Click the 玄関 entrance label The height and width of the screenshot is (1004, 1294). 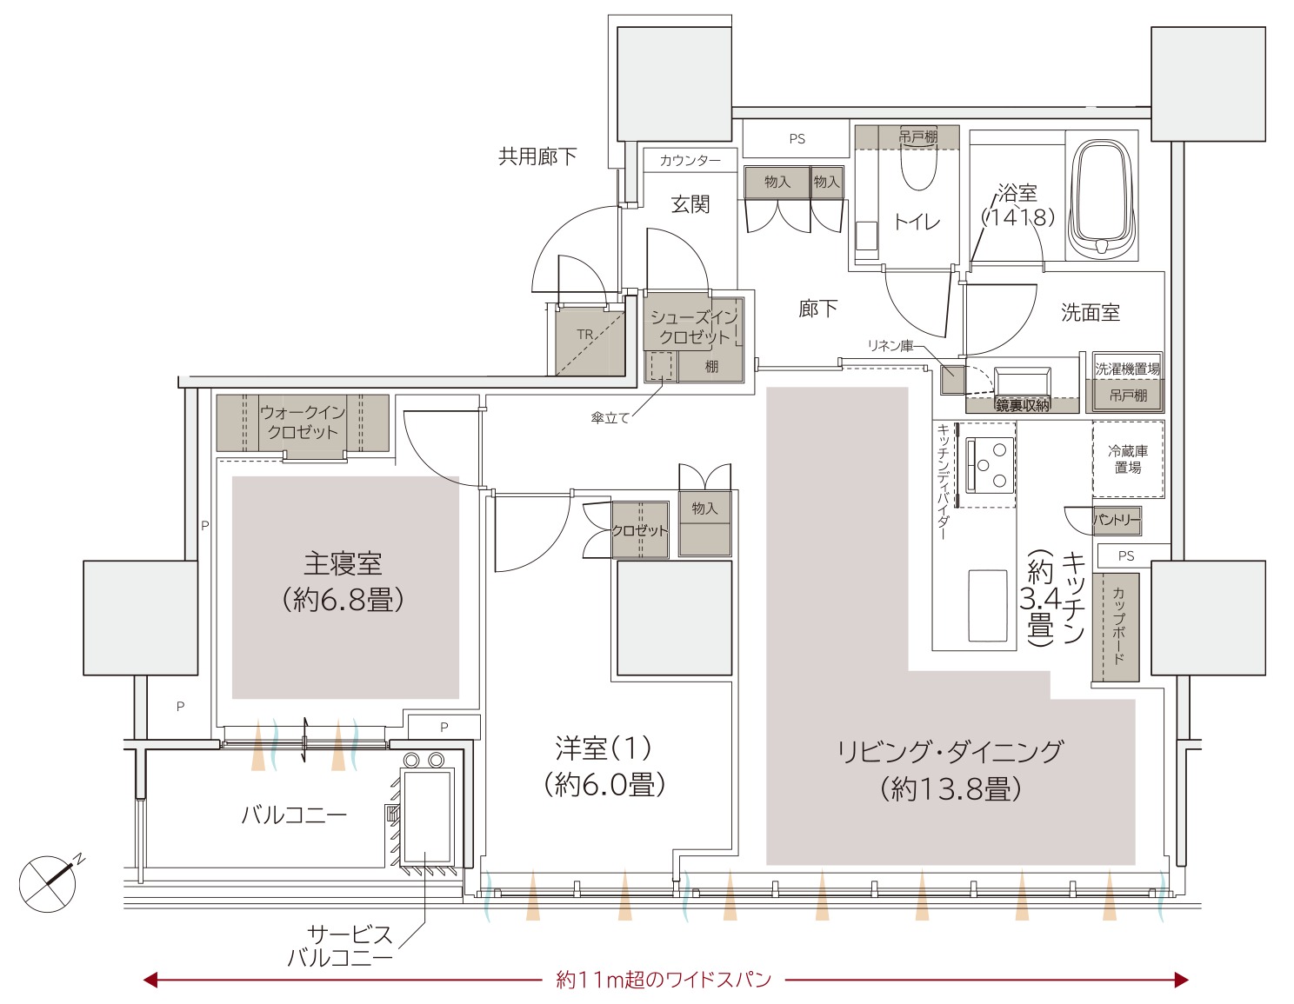coord(690,204)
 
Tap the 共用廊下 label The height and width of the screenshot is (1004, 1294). coord(537,156)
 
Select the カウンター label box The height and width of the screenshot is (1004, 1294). coord(690,160)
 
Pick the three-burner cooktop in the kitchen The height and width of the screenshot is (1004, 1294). coord(990,465)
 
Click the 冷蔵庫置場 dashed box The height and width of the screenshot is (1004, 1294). coord(1128,459)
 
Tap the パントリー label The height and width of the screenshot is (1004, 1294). coord(1117,520)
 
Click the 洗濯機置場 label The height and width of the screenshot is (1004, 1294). coord(1127,369)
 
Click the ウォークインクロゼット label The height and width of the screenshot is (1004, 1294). coord(303,422)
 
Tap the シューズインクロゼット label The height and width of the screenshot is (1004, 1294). coord(694,327)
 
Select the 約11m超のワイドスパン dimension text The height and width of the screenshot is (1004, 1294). coord(664,979)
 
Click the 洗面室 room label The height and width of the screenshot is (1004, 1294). coord(1091,312)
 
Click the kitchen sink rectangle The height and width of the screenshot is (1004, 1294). coord(988,606)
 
